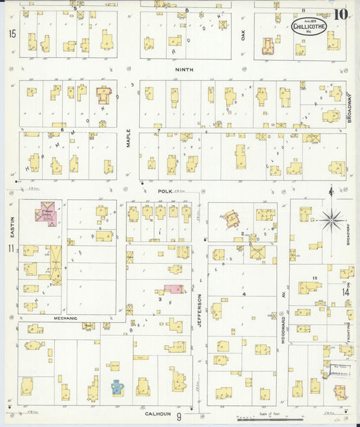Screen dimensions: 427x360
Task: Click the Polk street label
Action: (x=165, y=192)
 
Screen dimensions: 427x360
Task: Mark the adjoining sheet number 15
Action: (x=11, y=34)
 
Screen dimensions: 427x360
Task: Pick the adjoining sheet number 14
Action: (x=345, y=292)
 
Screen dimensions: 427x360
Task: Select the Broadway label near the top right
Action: (x=350, y=107)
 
